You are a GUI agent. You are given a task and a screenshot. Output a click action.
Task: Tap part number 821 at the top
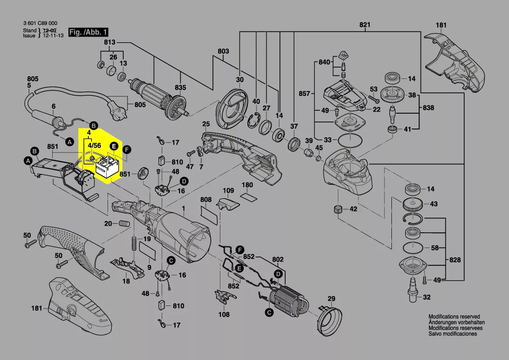click(x=364, y=24)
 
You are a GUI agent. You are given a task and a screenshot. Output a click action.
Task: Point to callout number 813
click(x=109, y=42)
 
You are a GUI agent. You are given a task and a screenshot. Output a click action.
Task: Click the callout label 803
click(x=223, y=51)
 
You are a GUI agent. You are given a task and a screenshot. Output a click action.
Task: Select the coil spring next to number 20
click(x=125, y=224)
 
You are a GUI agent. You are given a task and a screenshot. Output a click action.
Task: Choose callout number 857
click(x=304, y=94)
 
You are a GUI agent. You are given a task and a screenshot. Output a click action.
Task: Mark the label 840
click(x=324, y=62)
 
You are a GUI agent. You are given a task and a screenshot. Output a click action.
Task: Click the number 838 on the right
click(x=428, y=107)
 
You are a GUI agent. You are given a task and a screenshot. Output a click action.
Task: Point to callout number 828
click(x=455, y=260)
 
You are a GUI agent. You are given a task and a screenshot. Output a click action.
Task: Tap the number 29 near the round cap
click(x=332, y=299)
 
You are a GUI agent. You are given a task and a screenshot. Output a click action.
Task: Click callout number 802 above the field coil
click(x=278, y=259)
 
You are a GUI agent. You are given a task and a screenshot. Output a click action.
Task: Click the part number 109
click(x=229, y=190)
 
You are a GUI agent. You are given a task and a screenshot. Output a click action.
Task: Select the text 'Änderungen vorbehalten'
click(x=454, y=323)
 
